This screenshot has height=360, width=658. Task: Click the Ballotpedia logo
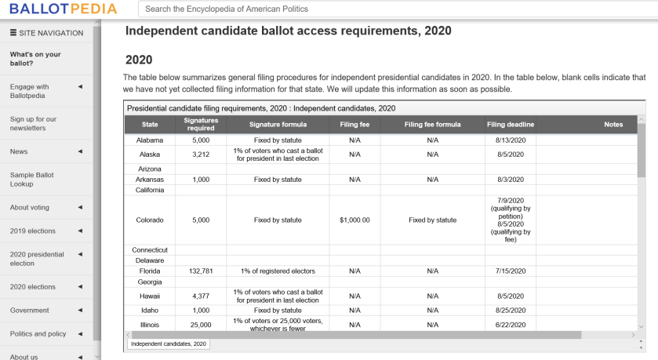64,9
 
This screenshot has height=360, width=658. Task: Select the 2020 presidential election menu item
37,259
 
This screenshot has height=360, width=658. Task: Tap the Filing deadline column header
510,125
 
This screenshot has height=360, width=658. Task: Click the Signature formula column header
278,125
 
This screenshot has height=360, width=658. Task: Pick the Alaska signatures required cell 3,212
201,155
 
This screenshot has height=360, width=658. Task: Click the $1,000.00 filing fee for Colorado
354,220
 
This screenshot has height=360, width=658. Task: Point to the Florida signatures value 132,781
201,271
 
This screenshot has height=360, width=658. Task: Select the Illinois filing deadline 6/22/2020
510,324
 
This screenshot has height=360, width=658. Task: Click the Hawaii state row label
150,296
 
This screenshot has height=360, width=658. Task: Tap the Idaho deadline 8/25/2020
510,311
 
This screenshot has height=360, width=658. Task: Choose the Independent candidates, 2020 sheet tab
169,344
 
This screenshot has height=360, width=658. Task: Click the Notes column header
613,125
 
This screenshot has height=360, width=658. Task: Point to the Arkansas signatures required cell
201,180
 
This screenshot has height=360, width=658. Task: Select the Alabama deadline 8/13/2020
510,140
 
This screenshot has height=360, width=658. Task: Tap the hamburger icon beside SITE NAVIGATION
13,33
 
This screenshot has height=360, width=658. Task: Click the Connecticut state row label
150,249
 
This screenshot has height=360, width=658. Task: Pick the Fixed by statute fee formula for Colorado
432,220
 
